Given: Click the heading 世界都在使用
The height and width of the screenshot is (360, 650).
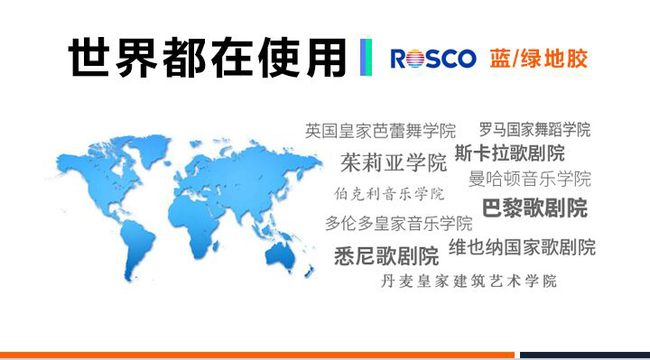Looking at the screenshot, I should click(208, 57).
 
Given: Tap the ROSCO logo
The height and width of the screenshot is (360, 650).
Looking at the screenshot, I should click(432, 59).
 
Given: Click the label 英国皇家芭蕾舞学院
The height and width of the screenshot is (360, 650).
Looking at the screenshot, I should click(380, 131).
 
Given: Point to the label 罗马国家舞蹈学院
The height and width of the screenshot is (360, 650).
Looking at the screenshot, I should click(534, 129).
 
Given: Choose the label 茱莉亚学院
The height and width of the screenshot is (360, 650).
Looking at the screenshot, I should click(394, 163).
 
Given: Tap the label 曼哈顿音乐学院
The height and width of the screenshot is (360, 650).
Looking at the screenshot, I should click(530, 178).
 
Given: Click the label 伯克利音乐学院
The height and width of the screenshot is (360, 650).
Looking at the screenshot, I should click(389, 194).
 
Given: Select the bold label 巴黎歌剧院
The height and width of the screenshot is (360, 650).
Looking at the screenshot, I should click(534, 208).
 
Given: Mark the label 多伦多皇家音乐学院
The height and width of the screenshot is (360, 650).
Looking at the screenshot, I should click(398, 223).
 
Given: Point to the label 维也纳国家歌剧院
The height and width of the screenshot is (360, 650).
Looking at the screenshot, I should click(522, 246).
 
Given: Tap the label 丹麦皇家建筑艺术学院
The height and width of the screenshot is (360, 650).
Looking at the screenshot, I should click(469, 281).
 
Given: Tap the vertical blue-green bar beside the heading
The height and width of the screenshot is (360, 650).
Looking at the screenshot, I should click(366, 58).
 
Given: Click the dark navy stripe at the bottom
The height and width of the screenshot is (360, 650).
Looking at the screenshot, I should click(584, 355).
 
